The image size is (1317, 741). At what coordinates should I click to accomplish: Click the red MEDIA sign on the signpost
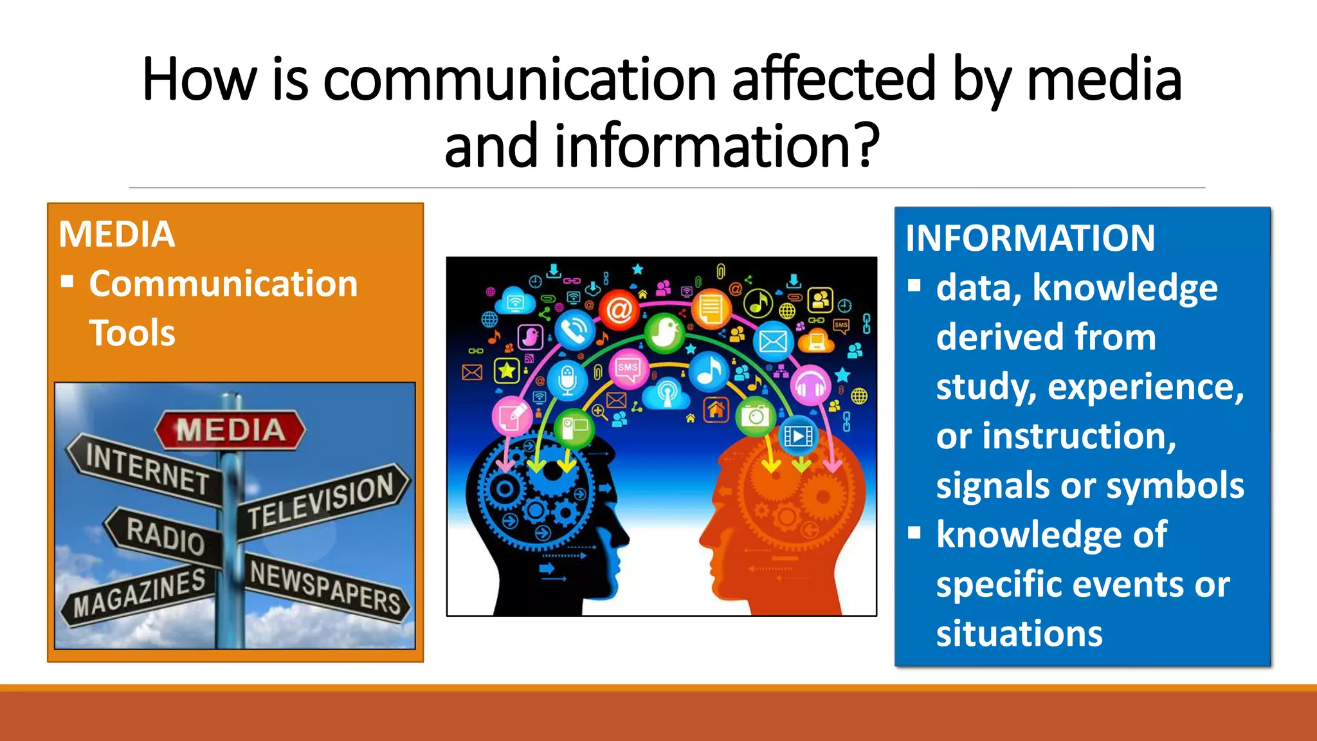pyautogui.click(x=230, y=430)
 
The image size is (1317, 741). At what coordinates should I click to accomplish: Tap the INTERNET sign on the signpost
pyautogui.click(x=147, y=469)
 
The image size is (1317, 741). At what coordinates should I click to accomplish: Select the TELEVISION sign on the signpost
pyautogui.click(x=322, y=500)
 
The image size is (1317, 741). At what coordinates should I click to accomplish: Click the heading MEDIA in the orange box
pyautogui.click(x=116, y=234)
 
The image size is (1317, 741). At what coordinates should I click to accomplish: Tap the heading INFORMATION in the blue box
pyautogui.click(x=1030, y=238)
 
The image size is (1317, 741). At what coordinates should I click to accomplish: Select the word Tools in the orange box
pyautogui.click(x=132, y=333)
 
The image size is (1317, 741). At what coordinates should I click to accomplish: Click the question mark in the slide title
pyautogui.click(x=867, y=145)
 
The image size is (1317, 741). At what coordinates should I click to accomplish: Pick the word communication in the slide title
pyautogui.click(x=520, y=80)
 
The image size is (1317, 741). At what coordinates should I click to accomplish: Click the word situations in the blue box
pyautogui.click(x=1019, y=634)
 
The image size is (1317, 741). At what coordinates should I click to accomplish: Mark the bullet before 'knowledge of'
pyautogui.click(x=914, y=533)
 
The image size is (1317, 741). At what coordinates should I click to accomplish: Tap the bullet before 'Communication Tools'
pyautogui.click(x=67, y=282)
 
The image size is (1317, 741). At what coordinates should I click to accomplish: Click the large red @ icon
pyautogui.click(x=619, y=310)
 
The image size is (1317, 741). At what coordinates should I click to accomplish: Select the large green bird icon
pyautogui.click(x=664, y=333)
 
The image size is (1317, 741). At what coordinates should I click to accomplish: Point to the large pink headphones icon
pyautogui.click(x=810, y=386)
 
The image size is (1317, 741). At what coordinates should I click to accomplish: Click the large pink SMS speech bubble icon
pyautogui.click(x=628, y=368)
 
